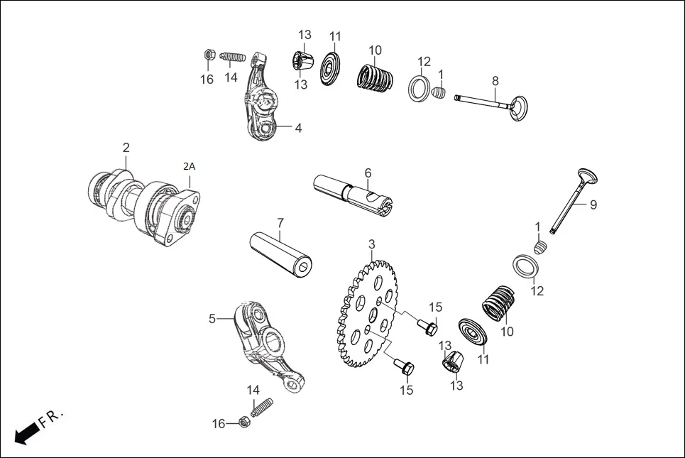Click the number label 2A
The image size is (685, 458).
[189, 166]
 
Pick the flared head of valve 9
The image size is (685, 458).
[588, 177]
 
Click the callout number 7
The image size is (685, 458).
[280, 223]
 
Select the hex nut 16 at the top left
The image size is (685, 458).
[209, 54]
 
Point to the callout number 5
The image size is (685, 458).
[212, 319]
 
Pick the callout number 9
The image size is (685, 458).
[593, 205]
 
